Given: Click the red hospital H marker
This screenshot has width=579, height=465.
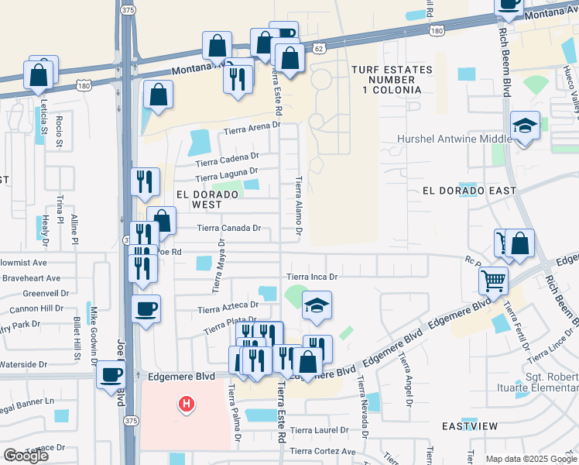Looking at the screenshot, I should [186, 404].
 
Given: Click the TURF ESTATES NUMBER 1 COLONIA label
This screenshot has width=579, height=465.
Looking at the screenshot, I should [386, 80].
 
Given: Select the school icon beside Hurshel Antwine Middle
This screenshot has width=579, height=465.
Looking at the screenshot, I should [526, 126].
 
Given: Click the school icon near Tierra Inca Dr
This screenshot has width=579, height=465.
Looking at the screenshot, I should [317, 306].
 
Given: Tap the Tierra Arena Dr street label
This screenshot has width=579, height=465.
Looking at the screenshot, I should [251, 132].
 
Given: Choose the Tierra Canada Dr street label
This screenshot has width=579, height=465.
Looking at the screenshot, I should [229, 228].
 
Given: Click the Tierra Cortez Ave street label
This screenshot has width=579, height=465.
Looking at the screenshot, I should [322, 451].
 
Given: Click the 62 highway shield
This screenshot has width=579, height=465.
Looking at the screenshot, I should [319, 48].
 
